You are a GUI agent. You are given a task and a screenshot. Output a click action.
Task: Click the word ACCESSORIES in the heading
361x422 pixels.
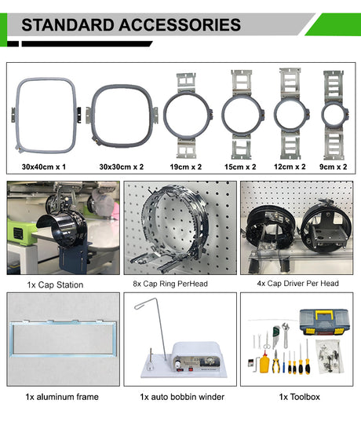point(180,25)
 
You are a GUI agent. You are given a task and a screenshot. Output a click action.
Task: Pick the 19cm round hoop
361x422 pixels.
point(165,116)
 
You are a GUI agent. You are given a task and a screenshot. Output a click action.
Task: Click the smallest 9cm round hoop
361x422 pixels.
point(323,116)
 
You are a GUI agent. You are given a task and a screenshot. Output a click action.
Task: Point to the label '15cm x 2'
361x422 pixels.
point(240,167)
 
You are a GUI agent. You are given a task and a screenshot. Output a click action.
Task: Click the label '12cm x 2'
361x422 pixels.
point(290,167)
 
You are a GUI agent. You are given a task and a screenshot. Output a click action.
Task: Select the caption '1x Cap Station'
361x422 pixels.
point(55,284)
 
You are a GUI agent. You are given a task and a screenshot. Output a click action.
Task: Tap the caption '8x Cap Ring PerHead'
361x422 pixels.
point(170,284)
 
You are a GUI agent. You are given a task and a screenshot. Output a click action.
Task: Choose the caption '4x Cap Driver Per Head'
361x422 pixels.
point(297,283)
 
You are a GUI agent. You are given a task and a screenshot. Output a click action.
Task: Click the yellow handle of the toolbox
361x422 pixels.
point(323,314)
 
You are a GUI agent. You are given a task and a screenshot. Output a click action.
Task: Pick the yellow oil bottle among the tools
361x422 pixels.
point(264,363)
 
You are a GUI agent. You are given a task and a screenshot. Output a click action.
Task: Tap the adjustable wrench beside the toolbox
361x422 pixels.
point(286,335)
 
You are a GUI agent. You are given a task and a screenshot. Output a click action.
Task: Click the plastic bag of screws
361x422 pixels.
point(330,356)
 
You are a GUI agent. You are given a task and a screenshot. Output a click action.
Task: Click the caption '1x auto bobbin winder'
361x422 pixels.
point(182,397)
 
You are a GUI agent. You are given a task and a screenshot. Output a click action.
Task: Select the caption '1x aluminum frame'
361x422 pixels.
point(62,397)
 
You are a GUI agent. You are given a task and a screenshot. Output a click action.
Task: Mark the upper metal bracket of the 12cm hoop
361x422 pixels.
point(290,83)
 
